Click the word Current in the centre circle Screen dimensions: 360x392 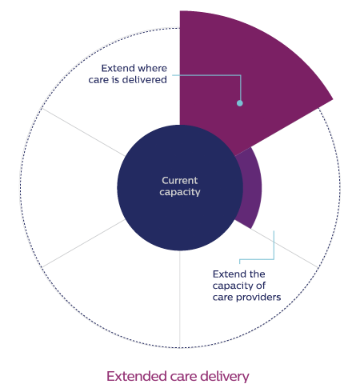180,181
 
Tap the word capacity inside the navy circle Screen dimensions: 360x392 180,193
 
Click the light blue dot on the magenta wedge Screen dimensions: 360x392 240,103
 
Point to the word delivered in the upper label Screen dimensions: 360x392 144,80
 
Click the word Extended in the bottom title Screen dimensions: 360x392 137,376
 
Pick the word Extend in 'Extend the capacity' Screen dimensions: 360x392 227,274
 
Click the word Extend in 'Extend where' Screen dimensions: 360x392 116,68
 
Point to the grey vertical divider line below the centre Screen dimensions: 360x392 180,298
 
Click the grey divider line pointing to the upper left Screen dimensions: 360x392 83,132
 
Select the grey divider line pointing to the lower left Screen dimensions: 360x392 83,243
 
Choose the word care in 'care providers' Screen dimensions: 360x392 223,298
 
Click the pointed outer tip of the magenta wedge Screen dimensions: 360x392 333,99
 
